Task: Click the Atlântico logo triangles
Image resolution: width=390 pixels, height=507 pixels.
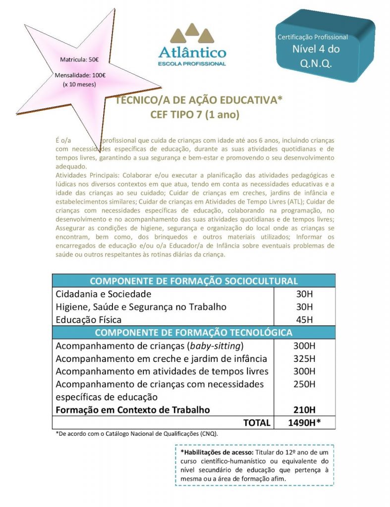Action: (x=192, y=34)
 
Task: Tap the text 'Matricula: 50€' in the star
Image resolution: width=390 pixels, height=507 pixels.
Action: (x=79, y=60)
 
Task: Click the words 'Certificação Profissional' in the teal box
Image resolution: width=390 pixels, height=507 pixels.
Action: (x=313, y=37)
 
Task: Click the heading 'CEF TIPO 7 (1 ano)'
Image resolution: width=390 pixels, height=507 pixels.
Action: (x=195, y=115)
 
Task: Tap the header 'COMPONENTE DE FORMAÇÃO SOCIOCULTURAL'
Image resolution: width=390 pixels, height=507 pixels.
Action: (x=194, y=281)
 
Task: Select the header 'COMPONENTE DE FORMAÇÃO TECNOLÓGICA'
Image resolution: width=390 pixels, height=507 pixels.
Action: (x=194, y=332)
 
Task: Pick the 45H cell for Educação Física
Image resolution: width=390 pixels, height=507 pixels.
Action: (x=304, y=319)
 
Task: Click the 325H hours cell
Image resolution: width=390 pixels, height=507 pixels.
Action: (x=304, y=358)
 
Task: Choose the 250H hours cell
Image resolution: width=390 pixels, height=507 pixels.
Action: (x=304, y=384)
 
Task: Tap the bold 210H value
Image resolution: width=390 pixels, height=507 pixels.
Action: (x=304, y=410)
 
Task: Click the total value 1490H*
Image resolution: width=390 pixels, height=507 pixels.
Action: (x=304, y=423)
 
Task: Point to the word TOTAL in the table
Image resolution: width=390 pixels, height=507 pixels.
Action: (x=257, y=423)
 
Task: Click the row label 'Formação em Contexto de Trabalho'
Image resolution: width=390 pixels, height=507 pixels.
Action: (x=133, y=410)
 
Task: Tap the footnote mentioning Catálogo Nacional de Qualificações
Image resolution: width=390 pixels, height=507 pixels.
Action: (x=136, y=434)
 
